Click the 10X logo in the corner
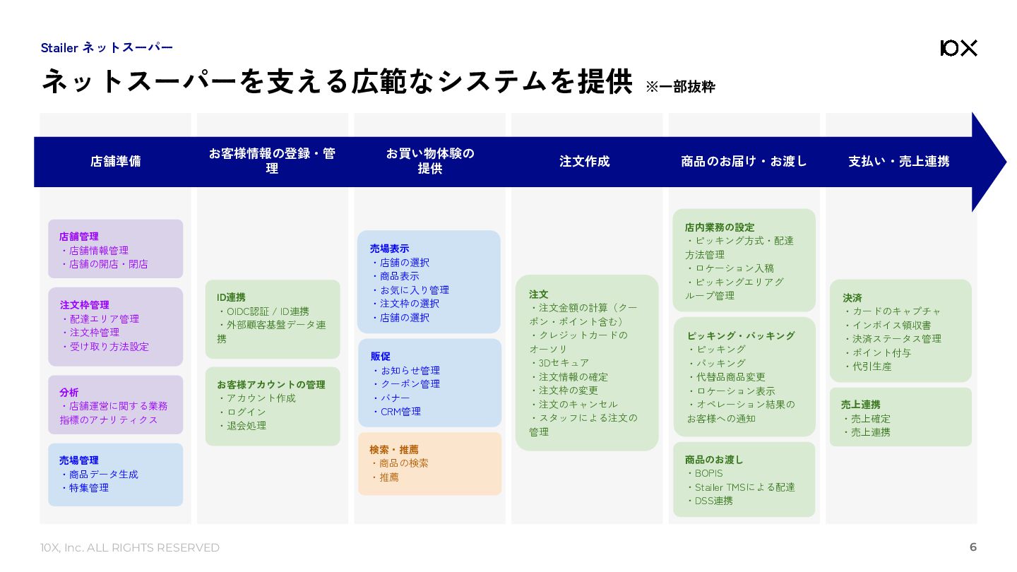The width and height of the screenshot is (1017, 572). pyautogui.click(x=958, y=48)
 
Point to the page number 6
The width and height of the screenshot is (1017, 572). pyautogui.click(x=973, y=547)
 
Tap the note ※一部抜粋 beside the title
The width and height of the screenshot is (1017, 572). pyautogui.click(x=680, y=87)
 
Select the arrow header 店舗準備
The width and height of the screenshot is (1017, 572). pyautogui.click(x=115, y=161)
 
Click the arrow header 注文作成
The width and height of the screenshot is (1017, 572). pyautogui.click(x=584, y=161)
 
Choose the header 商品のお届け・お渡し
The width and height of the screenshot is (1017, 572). pyautogui.click(x=744, y=161)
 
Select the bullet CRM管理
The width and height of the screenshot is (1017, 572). pyautogui.click(x=400, y=412)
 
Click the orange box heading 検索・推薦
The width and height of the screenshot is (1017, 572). pyautogui.click(x=394, y=450)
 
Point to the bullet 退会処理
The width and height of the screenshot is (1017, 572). pyautogui.click(x=246, y=426)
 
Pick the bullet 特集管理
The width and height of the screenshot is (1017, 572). pyautogui.click(x=89, y=488)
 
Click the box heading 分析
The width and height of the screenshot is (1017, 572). pyautogui.click(x=69, y=393)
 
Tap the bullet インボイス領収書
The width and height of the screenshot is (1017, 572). pyautogui.click(x=891, y=326)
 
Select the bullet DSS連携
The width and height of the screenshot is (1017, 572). pyautogui.click(x=713, y=501)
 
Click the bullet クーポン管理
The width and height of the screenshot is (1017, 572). pyautogui.click(x=410, y=384)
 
